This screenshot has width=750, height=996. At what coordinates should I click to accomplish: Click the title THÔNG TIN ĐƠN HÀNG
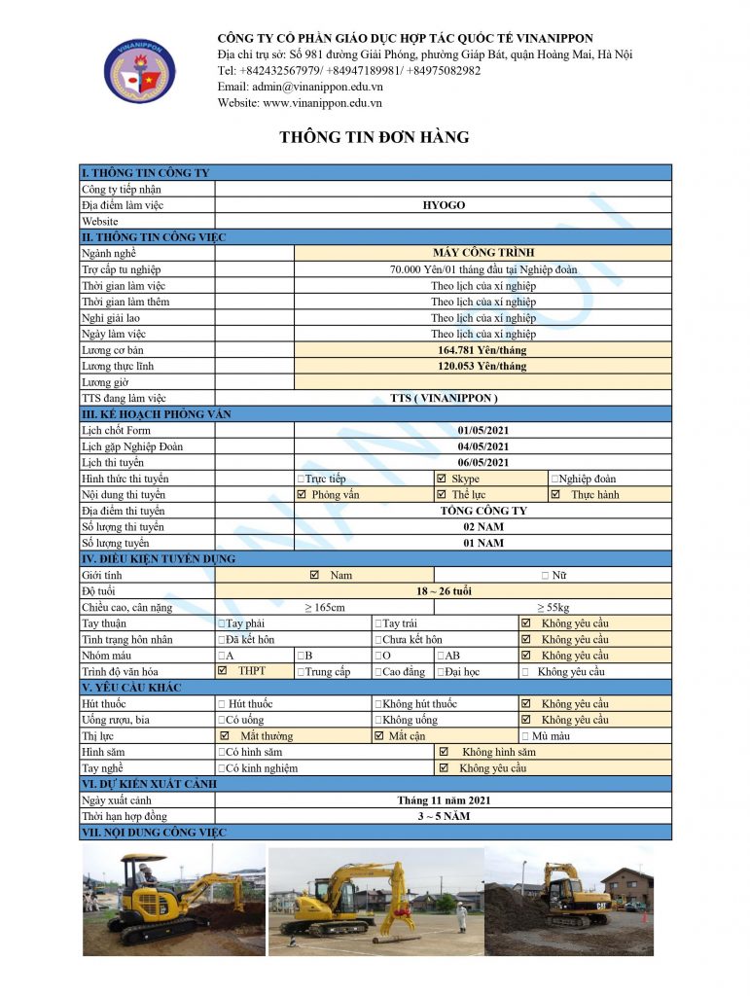[375, 138]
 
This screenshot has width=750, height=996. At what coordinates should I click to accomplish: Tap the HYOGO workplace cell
[443, 205]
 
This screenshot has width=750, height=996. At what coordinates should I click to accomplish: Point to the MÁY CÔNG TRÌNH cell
[482, 253]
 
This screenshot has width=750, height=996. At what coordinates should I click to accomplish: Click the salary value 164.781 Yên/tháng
[482, 350]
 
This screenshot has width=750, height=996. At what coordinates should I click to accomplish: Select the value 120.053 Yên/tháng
[482, 366]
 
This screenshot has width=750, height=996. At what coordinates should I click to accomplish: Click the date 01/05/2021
[482, 430]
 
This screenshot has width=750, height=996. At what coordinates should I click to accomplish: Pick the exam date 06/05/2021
[482, 462]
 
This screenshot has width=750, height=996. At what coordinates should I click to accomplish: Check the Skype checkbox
[442, 479]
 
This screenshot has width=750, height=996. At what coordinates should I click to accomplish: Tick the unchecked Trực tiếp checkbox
[301, 479]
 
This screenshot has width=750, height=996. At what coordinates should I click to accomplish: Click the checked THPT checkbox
[224, 671]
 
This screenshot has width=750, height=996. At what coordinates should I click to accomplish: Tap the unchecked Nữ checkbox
[546, 576]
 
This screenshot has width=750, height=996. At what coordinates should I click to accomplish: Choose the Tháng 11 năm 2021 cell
[443, 800]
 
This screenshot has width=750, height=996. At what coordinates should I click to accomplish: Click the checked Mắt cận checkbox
[379, 736]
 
